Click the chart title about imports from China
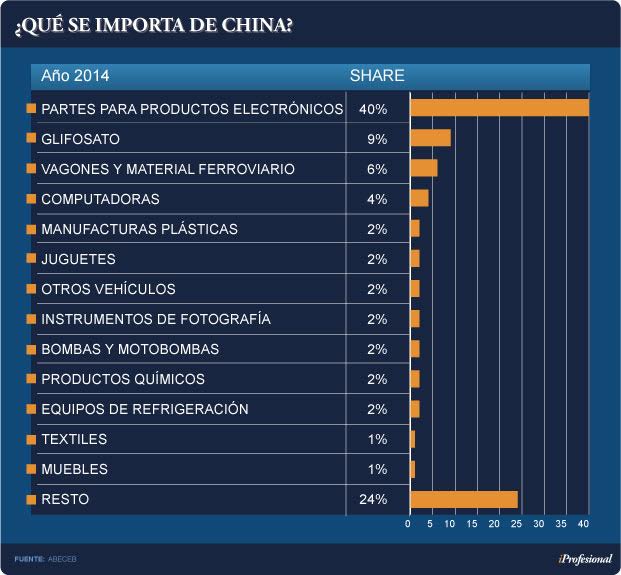click(154, 25)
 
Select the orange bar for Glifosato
click(430, 138)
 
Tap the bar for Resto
click(463, 498)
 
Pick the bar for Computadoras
click(419, 198)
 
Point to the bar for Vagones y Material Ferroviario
click(423, 168)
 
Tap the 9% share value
click(376, 138)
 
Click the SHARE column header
click(376, 76)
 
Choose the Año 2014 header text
click(75, 76)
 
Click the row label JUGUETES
click(78, 259)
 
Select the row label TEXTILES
click(74, 439)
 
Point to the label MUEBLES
click(74, 469)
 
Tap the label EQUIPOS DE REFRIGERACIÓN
click(145, 409)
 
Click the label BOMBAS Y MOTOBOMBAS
click(130, 349)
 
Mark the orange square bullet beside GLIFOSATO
click(31, 138)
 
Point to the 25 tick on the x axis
click(518, 524)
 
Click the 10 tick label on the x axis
click(452, 524)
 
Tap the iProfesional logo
click(585, 558)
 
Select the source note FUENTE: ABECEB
click(47, 558)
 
